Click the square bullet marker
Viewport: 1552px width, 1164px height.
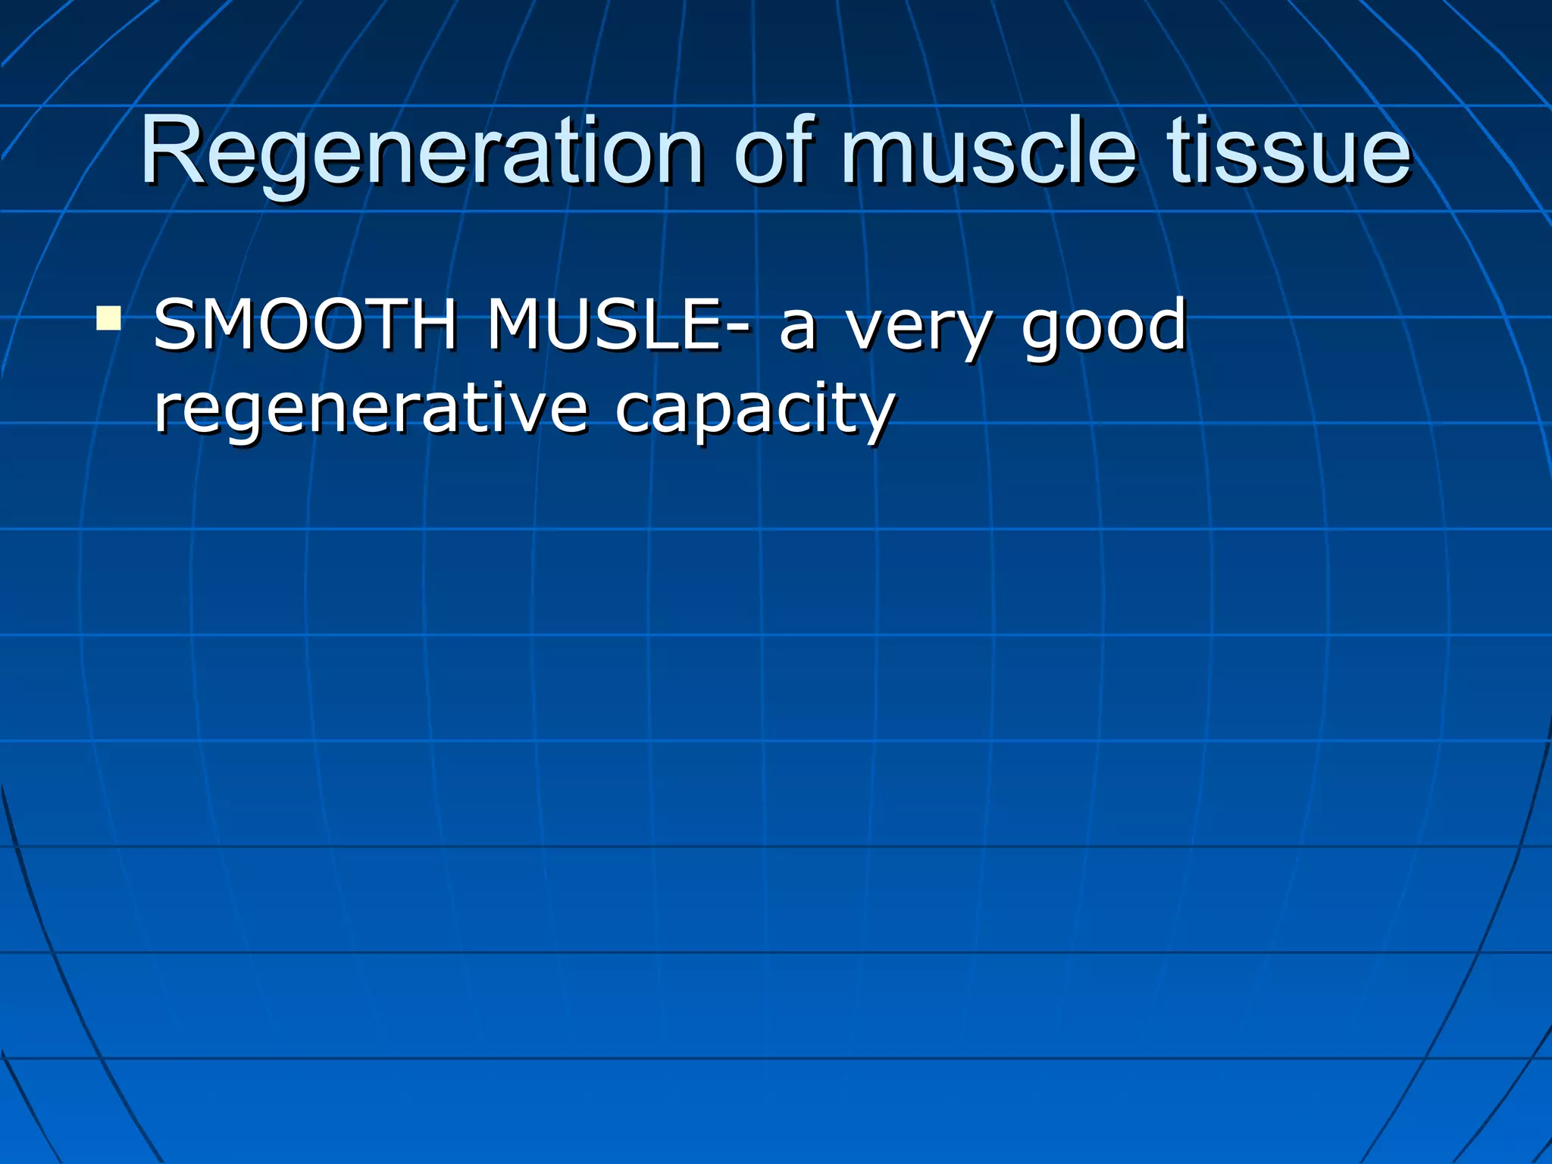point(108,318)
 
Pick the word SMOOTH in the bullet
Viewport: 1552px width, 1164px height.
point(305,325)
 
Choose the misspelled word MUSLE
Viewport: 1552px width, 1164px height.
point(603,325)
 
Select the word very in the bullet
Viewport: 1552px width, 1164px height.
point(918,331)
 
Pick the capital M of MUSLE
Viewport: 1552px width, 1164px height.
point(519,325)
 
